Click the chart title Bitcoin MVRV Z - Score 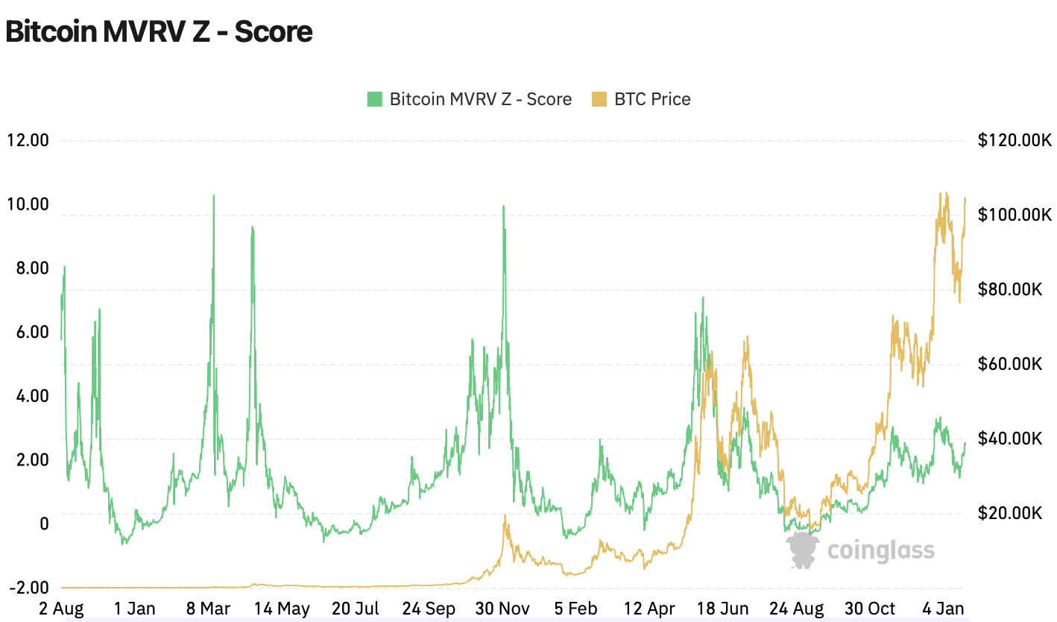tap(158, 31)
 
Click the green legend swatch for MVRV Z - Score tap(374, 99)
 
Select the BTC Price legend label tap(652, 99)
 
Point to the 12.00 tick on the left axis tap(28, 140)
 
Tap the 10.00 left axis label tap(28, 204)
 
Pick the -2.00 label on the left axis tap(28, 588)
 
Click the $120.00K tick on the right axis tap(1014, 140)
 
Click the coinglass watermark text tap(880, 550)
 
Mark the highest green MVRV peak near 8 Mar tap(214, 196)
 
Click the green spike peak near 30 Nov tap(504, 207)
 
